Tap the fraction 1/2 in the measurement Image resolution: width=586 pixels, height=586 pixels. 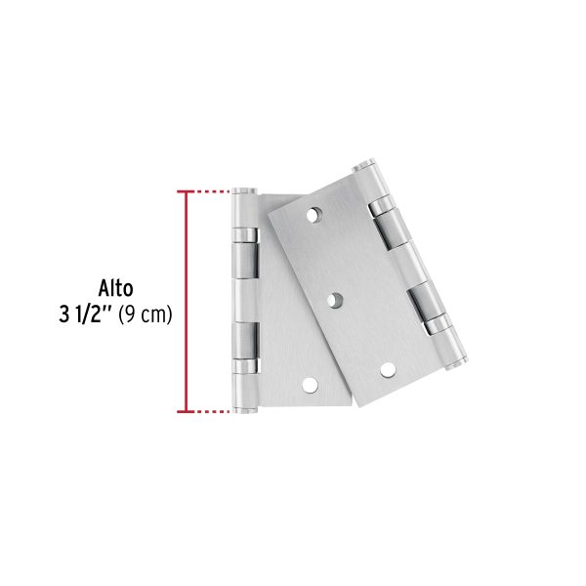[x=96, y=315]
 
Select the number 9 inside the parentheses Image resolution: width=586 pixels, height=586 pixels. [x=132, y=315]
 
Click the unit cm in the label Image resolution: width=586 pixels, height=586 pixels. [x=154, y=315]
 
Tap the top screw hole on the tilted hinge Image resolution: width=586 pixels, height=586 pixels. [x=314, y=213]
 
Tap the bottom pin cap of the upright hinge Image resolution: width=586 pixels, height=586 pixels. [x=244, y=411]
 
